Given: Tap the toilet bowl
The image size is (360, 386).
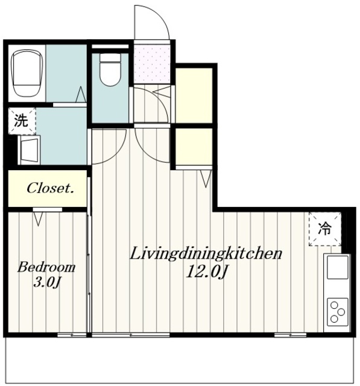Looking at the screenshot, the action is [x=110, y=69].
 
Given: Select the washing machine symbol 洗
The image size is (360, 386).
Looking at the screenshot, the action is [x=22, y=121].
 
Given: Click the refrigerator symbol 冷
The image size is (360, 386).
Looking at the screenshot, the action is [x=325, y=229].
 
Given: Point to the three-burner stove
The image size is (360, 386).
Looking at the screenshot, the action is [x=337, y=312].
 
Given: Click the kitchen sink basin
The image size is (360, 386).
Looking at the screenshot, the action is [x=337, y=267].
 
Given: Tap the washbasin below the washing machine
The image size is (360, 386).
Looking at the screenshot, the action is [x=30, y=149].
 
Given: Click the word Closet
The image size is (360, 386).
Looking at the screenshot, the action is [x=51, y=188].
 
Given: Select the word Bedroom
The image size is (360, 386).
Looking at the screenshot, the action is [x=46, y=267].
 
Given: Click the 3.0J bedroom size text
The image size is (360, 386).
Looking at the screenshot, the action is [x=47, y=283].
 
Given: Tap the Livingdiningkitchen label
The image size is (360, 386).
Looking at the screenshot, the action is [x=206, y=254].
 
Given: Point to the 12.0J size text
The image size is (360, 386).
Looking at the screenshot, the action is [x=206, y=272].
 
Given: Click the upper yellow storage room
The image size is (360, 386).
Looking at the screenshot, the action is [x=194, y=95].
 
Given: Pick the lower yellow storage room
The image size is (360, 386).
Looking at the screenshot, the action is [x=194, y=147].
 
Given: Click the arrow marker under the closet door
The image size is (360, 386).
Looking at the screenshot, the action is [x=38, y=218].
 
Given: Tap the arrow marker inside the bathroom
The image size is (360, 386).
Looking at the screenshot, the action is [x=80, y=94].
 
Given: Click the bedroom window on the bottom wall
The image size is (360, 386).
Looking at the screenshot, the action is [x=72, y=335].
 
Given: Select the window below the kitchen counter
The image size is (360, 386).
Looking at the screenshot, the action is [x=291, y=335].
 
